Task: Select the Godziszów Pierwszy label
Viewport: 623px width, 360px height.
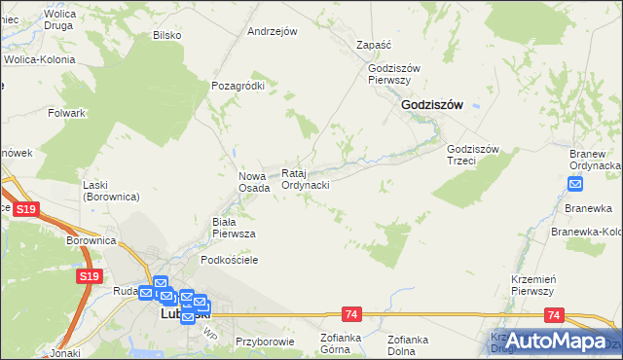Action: tap(393, 74)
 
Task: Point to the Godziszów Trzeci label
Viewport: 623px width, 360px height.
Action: tap(473, 154)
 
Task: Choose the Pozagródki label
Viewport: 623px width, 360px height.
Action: tap(238, 86)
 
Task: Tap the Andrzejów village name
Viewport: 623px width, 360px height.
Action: tap(272, 31)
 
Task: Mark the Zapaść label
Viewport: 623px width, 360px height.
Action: tap(374, 45)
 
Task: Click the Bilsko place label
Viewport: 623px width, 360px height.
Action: tap(167, 35)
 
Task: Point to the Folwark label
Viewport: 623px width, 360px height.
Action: tap(67, 113)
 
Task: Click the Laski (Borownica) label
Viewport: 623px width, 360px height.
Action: tap(111, 191)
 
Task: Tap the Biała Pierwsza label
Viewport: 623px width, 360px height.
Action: tap(234, 228)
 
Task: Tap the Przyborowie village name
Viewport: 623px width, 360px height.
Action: tap(264, 342)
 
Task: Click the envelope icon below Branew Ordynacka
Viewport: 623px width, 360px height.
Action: tap(575, 184)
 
